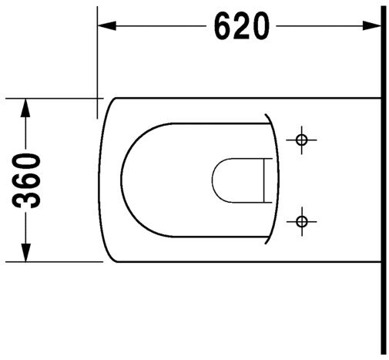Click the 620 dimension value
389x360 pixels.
click(x=242, y=28)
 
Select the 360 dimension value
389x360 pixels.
click(x=29, y=180)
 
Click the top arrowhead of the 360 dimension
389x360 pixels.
click(x=26, y=107)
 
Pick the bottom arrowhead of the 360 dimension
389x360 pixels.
click(x=26, y=252)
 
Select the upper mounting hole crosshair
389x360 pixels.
click(x=301, y=140)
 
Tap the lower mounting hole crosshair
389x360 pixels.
click(x=301, y=222)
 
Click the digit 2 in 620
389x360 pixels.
click(x=242, y=28)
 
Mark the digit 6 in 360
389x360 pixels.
click(x=29, y=180)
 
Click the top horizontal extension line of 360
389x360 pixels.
click(x=54, y=99)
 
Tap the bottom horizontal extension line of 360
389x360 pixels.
click(x=54, y=261)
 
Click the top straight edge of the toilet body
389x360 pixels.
click(x=246, y=98)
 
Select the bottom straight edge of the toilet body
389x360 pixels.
click(x=246, y=262)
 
